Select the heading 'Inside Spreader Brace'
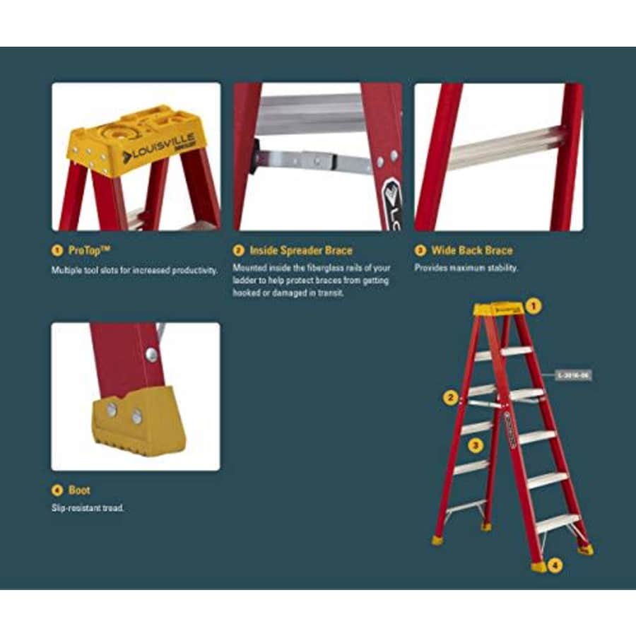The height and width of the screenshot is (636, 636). pos(300,250)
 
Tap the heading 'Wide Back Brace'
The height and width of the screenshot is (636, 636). pos(473,250)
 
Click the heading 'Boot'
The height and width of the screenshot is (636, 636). pos(79,490)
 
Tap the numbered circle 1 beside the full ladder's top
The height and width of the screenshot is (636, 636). pos(534,306)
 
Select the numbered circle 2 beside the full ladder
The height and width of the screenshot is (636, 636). pos(450,397)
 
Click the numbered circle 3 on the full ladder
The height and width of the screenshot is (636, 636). pos(476,444)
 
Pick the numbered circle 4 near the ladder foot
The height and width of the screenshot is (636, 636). pos(555,565)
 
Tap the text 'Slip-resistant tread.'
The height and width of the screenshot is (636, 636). pos(88,507)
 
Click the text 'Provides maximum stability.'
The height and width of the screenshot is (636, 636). pos(466,268)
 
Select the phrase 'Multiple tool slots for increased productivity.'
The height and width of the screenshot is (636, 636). pos(134,270)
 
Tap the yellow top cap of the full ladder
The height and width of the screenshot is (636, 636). pos(497,309)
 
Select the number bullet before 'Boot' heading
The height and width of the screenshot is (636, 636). pos(57,490)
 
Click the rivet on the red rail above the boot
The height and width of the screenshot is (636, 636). pos(151,354)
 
